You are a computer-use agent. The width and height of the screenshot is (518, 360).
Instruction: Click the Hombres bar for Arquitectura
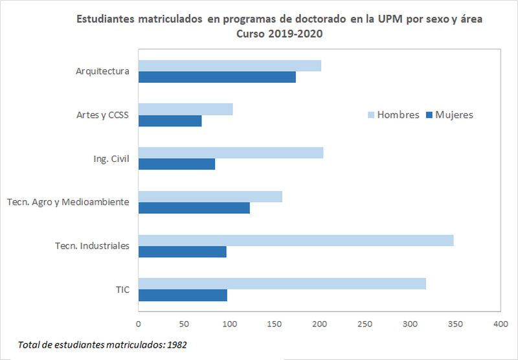(230, 66)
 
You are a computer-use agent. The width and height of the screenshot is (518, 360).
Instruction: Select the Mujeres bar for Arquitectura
(217, 77)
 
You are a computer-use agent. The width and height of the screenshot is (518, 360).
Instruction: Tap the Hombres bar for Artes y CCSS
(185, 109)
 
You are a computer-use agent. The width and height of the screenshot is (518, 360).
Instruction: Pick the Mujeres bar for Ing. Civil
(177, 164)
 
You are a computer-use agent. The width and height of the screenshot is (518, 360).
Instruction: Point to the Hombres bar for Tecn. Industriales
(296, 240)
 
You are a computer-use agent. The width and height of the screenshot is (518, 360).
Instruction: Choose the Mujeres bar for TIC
(183, 295)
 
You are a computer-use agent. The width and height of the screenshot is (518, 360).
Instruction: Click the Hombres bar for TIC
(282, 284)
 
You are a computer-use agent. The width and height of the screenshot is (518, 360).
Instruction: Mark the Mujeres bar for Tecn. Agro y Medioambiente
(194, 208)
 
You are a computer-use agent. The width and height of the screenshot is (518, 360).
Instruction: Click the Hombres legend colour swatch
(371, 115)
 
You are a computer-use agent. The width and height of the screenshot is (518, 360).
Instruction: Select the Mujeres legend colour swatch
(429, 115)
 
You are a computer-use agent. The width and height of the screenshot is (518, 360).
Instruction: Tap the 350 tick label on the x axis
(455, 323)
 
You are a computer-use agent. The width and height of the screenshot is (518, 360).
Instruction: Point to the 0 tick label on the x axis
(139, 323)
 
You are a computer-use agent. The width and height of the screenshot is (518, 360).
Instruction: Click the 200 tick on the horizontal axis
(319, 323)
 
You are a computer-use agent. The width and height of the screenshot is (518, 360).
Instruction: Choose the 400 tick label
(501, 323)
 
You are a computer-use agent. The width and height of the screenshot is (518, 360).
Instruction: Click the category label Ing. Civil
(111, 159)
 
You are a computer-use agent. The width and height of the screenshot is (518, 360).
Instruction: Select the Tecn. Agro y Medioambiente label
(68, 202)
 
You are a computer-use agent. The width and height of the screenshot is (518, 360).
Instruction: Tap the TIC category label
(122, 289)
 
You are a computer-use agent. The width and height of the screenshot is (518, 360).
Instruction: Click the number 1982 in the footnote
(176, 344)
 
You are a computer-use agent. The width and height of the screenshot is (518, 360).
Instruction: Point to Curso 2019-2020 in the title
(280, 34)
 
